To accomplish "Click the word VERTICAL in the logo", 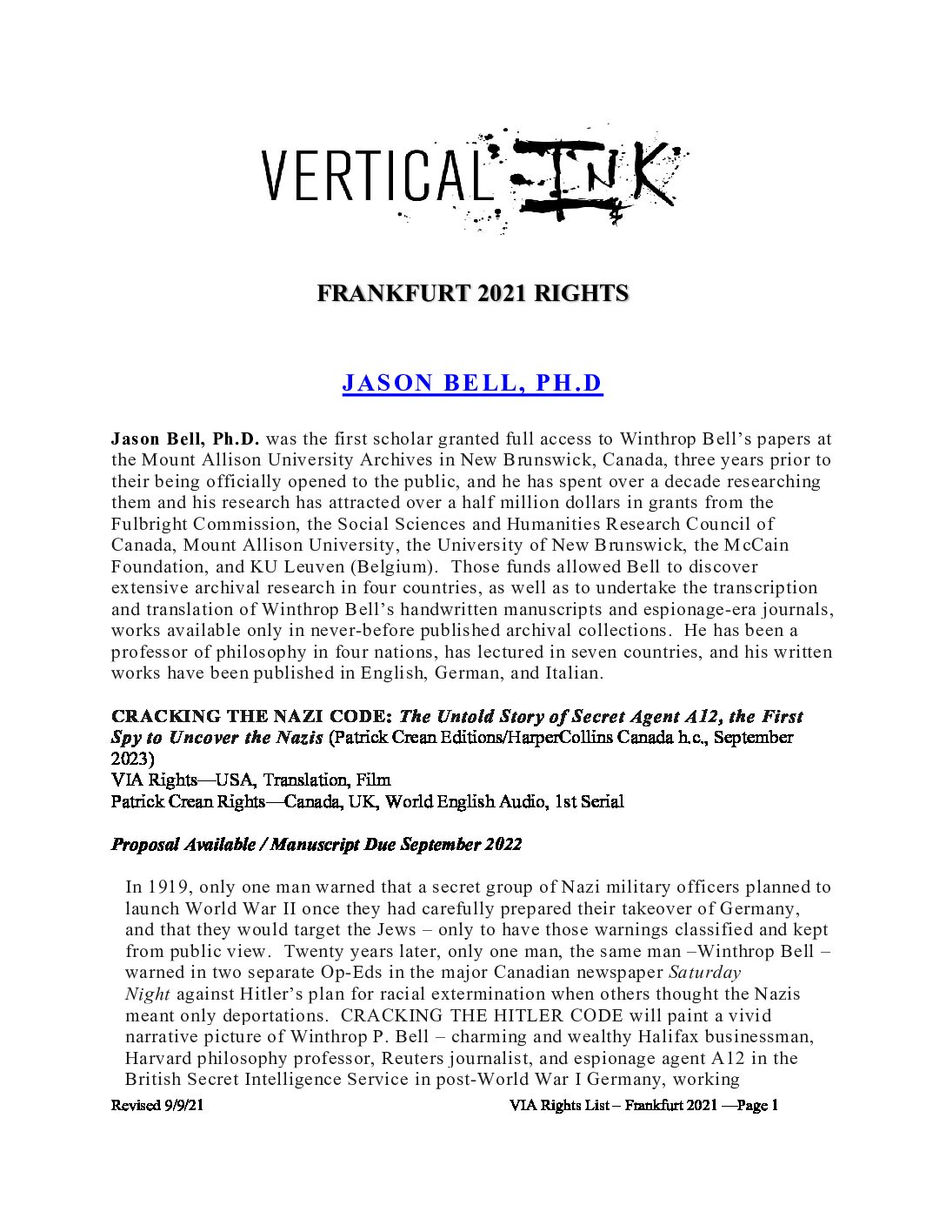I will [373, 176].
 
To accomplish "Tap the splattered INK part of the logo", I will [591, 178].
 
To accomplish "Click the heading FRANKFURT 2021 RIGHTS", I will [472, 294].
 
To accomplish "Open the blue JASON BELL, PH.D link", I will [472, 384].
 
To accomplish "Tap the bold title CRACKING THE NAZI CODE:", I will [253, 717].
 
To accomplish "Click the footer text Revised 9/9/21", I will [157, 1106].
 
